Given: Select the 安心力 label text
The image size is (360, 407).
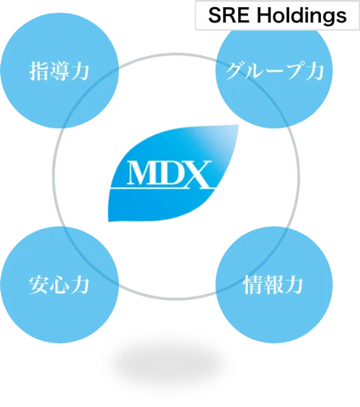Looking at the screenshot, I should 59,284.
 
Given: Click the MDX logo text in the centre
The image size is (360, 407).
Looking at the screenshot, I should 169,173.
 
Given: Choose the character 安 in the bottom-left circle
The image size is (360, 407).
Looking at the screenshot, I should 40,284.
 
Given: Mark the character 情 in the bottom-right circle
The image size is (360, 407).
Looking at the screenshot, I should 254,284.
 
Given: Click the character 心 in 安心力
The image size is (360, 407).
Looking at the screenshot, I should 59,284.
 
